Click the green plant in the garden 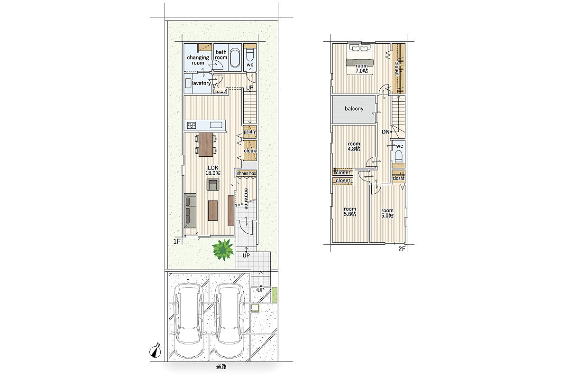223,250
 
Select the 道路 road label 221,367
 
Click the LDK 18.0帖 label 213,170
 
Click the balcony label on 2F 354,109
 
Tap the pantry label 250,132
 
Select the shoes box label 247,173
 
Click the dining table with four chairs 206,144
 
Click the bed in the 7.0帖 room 360,59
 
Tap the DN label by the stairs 385,132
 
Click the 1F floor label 177,241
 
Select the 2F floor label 402,249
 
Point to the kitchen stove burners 192,125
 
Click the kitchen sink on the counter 216,125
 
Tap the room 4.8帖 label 354,146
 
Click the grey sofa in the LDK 190,211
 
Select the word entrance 246,199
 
